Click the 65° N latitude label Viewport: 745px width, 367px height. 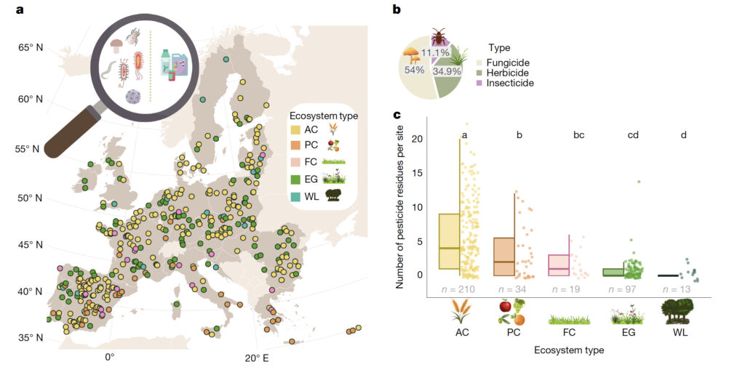pos(31,48)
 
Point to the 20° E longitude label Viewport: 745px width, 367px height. pos(256,358)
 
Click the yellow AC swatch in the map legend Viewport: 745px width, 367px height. pos(295,129)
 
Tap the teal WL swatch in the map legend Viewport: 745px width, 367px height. pos(295,194)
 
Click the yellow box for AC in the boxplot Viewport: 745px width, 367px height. pos(449,241)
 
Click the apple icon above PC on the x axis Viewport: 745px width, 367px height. pos(506,307)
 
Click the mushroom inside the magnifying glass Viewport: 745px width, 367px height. pos(116,46)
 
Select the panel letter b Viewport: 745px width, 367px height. pos(397,9)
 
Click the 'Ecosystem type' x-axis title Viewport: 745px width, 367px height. pos(570,350)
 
